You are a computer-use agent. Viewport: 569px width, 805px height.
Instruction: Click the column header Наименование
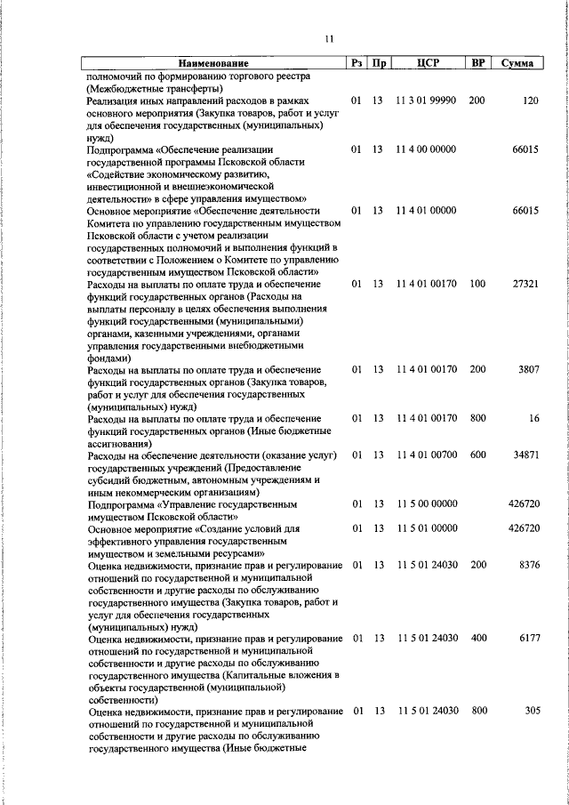(x=212, y=64)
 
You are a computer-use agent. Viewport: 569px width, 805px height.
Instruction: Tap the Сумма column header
(x=517, y=64)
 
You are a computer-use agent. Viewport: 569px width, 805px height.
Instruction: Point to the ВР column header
(x=478, y=64)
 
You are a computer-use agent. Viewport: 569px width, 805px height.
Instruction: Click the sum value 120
(x=531, y=101)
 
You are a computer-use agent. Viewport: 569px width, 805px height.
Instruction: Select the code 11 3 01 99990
(x=427, y=101)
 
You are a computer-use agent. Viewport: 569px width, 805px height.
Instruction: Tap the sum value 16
(x=533, y=418)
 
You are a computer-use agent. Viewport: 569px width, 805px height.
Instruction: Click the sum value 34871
(x=525, y=455)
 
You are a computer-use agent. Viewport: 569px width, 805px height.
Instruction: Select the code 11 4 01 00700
(x=427, y=455)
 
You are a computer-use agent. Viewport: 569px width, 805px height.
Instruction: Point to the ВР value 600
(x=477, y=455)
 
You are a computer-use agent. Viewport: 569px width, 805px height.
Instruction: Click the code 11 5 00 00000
(x=427, y=503)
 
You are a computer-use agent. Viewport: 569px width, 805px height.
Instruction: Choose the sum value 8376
(x=529, y=565)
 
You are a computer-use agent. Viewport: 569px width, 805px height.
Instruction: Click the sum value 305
(x=532, y=711)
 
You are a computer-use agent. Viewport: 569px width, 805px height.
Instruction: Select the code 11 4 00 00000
(x=427, y=149)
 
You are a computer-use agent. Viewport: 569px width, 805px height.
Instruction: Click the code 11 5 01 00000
(x=427, y=528)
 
